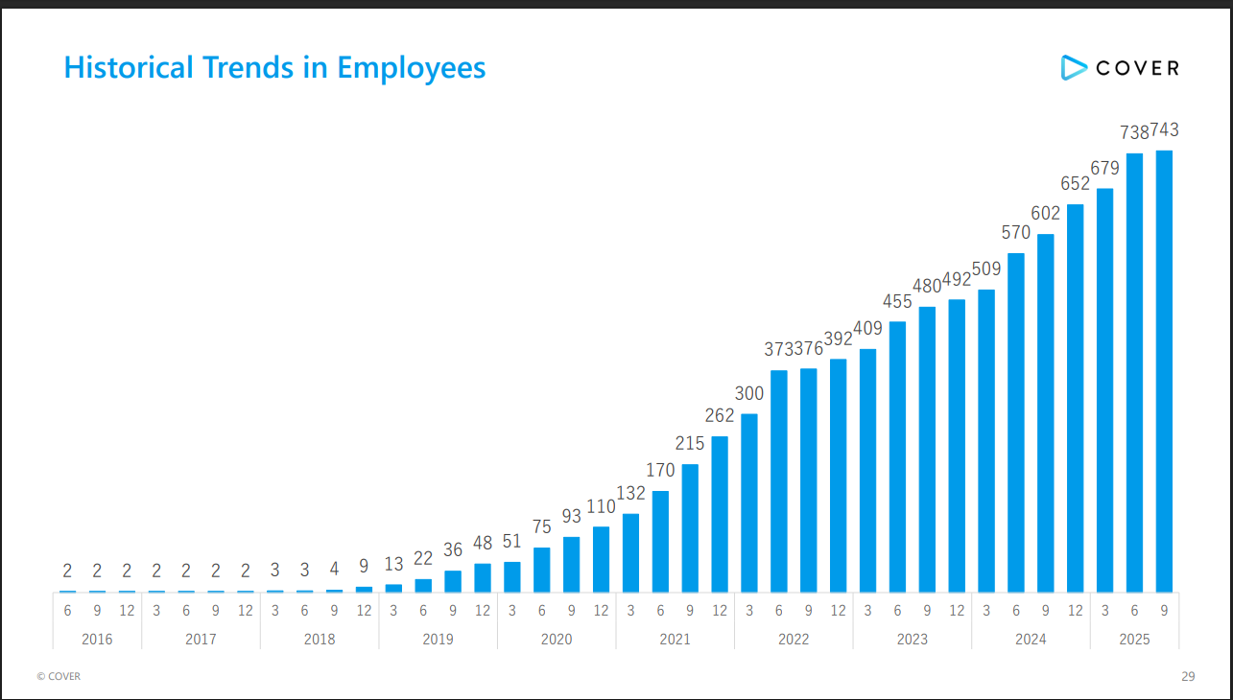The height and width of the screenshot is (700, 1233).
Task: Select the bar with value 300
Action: [749, 502]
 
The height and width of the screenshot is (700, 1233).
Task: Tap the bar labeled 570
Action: [1016, 422]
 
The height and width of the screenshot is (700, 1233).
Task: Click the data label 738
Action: [1135, 132]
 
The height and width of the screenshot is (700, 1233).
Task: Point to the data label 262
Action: [720, 415]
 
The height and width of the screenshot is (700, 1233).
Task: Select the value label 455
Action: [897, 301]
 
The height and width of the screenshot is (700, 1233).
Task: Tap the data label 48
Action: [483, 544]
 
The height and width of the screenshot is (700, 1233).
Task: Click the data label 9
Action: [364, 567]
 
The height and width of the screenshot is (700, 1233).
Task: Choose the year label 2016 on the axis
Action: [97, 639]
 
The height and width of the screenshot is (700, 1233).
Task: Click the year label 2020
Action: [557, 639]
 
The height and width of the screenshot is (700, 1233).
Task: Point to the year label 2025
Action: [1134, 639]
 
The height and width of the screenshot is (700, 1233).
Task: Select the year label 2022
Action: [794, 639]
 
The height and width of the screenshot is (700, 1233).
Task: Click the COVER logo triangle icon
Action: [1072, 67]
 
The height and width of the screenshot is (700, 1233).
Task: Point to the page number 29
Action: [1188, 676]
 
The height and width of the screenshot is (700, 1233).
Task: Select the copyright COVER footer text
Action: [59, 676]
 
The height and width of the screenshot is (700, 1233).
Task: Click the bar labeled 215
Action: [690, 527]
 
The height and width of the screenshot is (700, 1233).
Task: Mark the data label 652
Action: [1075, 183]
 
